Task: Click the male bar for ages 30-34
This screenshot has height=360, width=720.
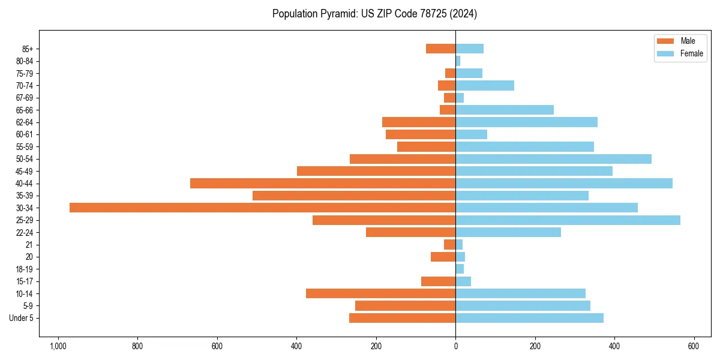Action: [262, 208]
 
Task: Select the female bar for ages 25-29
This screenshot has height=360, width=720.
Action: [568, 220]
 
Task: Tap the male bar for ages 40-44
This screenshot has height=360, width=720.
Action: [323, 183]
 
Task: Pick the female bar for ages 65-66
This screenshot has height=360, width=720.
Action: [505, 110]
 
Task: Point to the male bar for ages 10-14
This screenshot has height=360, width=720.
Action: [380, 293]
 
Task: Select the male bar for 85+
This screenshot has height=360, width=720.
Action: [441, 49]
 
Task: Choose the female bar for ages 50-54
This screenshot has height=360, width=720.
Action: [553, 159]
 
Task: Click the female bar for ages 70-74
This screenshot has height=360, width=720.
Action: [485, 85]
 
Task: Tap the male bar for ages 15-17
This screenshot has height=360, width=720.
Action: [439, 281]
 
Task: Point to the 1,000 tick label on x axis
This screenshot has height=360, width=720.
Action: [58, 347]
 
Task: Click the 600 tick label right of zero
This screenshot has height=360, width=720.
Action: [694, 347]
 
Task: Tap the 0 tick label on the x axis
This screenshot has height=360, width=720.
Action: [455, 347]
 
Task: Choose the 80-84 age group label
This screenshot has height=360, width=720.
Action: [25, 61]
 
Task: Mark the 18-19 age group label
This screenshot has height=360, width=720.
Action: [25, 269]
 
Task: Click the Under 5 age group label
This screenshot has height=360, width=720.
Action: [21, 318]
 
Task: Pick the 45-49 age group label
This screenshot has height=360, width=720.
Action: [25, 171]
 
